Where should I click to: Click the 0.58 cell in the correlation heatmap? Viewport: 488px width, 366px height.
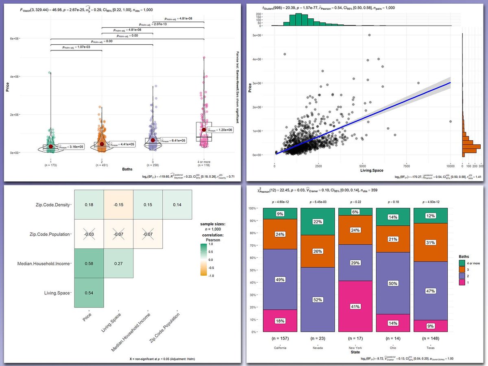[x=89, y=264]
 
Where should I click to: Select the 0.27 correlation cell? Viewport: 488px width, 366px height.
[x=118, y=264]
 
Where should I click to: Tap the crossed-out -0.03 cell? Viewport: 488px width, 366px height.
[x=89, y=234]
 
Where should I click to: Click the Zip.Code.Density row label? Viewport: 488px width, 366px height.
[x=53, y=205]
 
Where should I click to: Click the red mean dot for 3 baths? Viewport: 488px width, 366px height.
[x=153, y=140]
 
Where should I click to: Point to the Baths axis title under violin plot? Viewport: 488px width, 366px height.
[x=127, y=169]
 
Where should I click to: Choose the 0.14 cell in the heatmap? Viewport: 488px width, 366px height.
[x=177, y=205]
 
